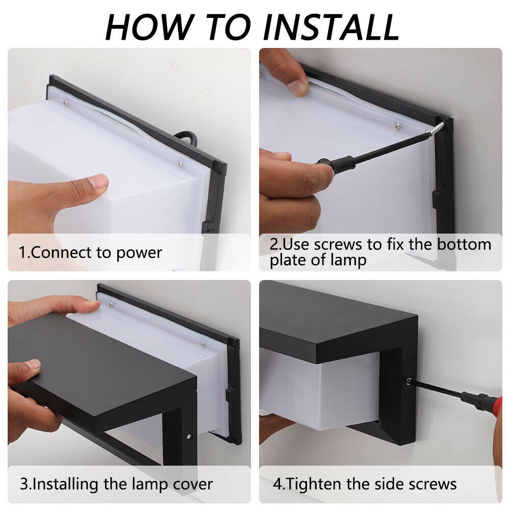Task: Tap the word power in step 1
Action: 139,253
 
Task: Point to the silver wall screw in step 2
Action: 435,129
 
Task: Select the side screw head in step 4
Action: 409,381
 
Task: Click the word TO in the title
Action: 228,28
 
